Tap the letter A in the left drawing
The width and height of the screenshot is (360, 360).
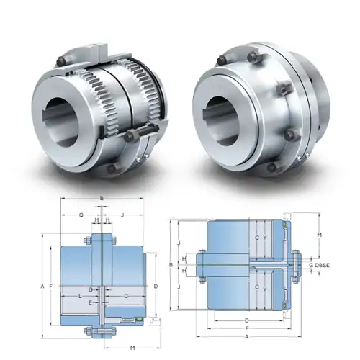(43, 287)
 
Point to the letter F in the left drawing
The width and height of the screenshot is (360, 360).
(52, 287)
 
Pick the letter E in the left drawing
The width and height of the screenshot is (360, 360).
(89, 303)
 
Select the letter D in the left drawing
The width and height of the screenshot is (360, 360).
(156, 287)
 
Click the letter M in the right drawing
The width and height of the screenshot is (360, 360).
(320, 235)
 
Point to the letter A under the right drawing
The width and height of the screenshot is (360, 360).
(247, 336)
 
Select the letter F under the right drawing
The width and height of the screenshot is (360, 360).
(247, 328)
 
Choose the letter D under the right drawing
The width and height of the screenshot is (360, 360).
(247, 319)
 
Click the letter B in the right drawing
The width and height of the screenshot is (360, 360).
(171, 266)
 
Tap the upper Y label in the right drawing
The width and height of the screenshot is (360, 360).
(265, 238)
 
